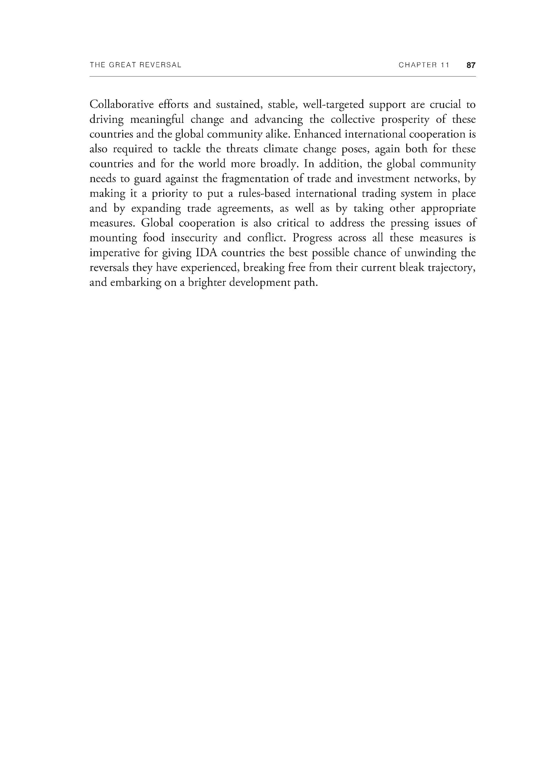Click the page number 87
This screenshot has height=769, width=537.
pos(471,65)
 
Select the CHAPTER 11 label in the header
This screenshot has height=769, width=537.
pos(423,65)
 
